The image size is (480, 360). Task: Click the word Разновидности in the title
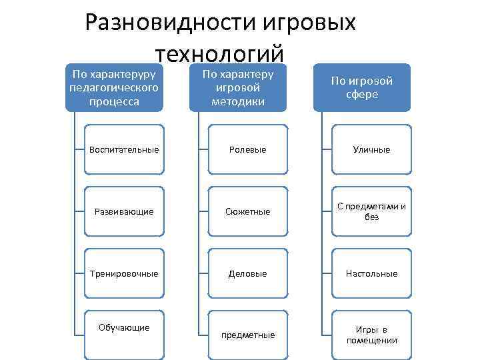pos(170,23)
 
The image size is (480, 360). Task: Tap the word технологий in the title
pos(220,54)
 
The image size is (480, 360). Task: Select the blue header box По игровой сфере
pos(362,87)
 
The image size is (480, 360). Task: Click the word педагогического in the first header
pos(114,88)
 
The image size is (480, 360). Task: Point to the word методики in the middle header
pos(238,101)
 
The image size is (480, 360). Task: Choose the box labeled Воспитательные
pos(124,149)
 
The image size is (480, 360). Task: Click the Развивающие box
pos(124,211)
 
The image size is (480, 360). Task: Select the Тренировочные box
pos(124,273)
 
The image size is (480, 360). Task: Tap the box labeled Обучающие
pos(124,335)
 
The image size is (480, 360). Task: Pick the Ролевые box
pos(248,149)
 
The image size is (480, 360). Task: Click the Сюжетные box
pos(248,211)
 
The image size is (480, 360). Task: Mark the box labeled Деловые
pos(248,273)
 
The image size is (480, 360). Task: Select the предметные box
pos(248,335)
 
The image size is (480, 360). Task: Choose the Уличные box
pos(371,149)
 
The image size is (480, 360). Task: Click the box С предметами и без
pos(371,211)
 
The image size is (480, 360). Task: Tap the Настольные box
pos(371,273)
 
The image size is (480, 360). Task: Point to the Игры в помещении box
pos(371,335)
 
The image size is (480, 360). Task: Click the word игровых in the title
pos(309,23)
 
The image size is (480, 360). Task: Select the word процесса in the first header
pos(114,101)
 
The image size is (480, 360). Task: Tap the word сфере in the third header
pos(362,95)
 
